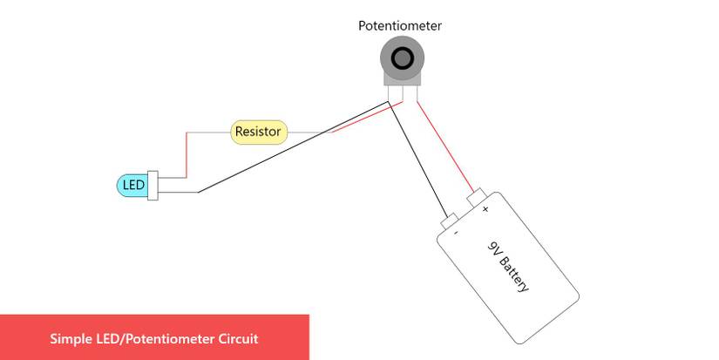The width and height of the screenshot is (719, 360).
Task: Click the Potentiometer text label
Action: pyautogui.click(x=400, y=26)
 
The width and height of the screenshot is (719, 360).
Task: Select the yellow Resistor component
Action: pyautogui.click(x=258, y=132)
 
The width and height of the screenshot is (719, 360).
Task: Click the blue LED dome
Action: pyautogui.click(x=132, y=186)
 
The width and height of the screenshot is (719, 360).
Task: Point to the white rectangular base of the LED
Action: pyautogui.click(x=153, y=186)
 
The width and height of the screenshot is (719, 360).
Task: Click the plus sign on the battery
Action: pyautogui.click(x=485, y=208)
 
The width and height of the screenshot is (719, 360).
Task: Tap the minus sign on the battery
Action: pyautogui.click(x=457, y=233)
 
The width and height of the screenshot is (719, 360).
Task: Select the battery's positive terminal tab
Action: pyautogui.click(x=477, y=198)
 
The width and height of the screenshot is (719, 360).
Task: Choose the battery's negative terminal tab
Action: pyautogui.click(x=449, y=221)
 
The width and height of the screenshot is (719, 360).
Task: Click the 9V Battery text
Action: pyautogui.click(x=509, y=265)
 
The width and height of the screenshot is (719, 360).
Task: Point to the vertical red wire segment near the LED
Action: pyautogui.click(x=187, y=154)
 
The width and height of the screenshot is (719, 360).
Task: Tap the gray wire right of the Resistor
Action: pyautogui.click(x=305, y=132)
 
